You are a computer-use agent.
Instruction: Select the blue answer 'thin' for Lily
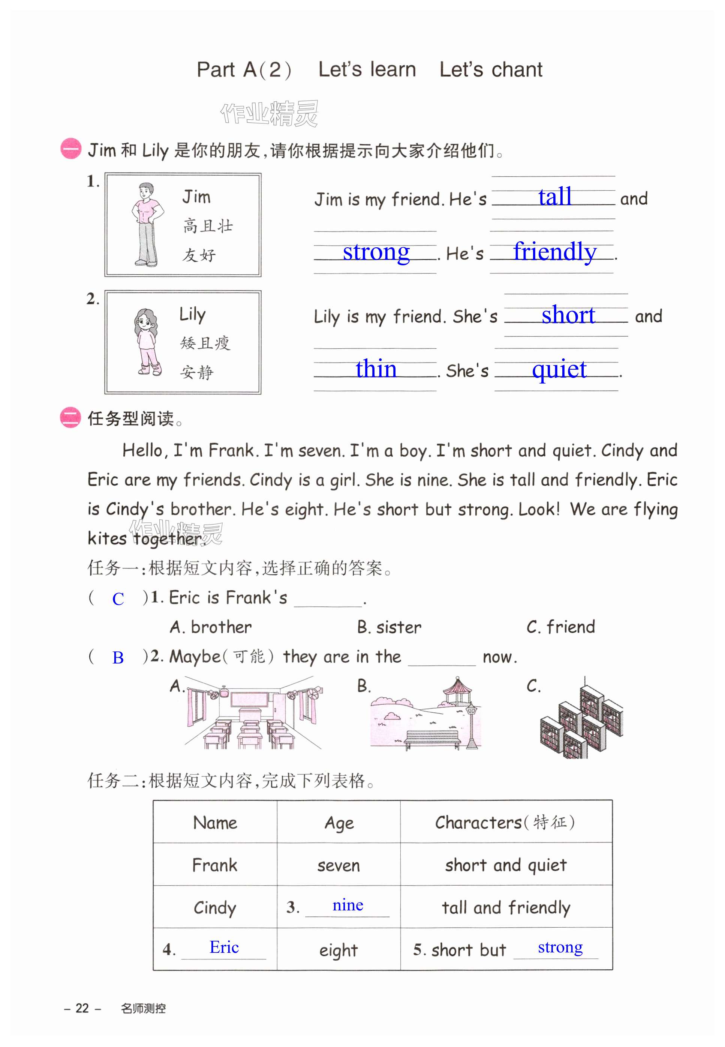click(376, 369)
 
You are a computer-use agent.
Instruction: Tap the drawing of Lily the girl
click(147, 342)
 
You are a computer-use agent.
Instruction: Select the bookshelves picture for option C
click(581, 718)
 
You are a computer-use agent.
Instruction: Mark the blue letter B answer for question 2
click(118, 658)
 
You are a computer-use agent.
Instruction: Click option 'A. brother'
click(211, 627)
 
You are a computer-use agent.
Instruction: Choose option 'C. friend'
click(560, 627)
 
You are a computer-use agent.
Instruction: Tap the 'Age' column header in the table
click(339, 823)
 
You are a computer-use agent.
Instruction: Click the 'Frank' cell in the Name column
click(215, 865)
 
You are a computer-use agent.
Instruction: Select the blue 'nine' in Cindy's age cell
click(348, 905)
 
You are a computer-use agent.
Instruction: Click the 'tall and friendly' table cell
click(506, 907)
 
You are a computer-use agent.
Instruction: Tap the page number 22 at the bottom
click(82, 1008)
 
